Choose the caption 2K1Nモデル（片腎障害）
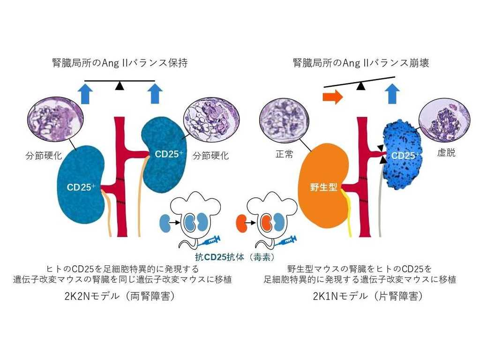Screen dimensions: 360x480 360,297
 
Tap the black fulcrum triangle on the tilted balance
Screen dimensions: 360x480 360,86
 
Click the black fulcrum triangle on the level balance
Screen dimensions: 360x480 120,85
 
